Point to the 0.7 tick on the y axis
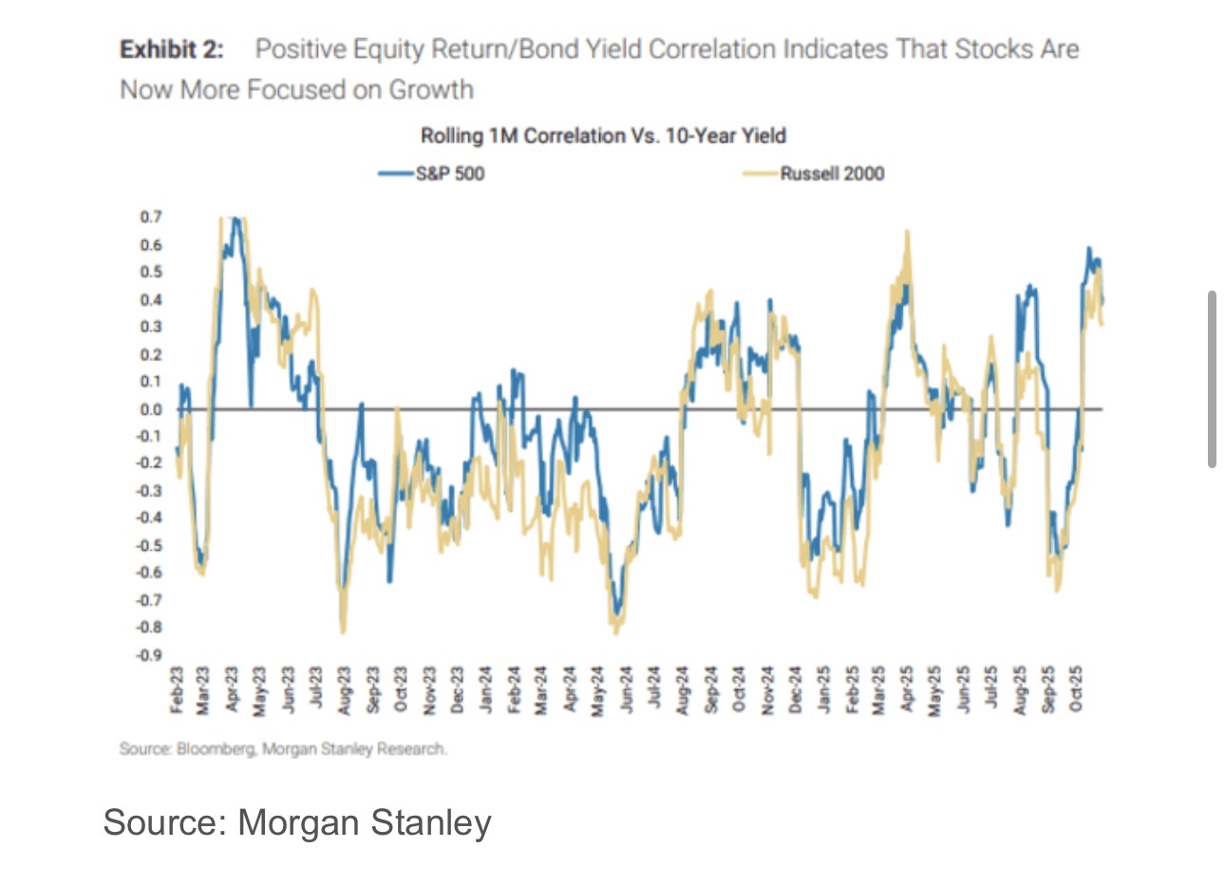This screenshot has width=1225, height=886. [x=151, y=217]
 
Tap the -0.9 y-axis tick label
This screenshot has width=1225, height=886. [x=149, y=655]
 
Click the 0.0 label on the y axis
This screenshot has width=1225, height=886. [x=151, y=409]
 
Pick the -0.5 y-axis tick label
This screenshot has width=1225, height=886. [x=149, y=546]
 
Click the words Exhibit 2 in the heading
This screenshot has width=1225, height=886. [x=171, y=50]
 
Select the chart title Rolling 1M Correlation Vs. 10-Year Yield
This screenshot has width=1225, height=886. [x=603, y=136]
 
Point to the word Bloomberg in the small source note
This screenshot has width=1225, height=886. [x=216, y=749]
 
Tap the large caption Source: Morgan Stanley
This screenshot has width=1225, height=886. [x=297, y=822]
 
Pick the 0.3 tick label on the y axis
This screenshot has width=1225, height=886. [x=151, y=327]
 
